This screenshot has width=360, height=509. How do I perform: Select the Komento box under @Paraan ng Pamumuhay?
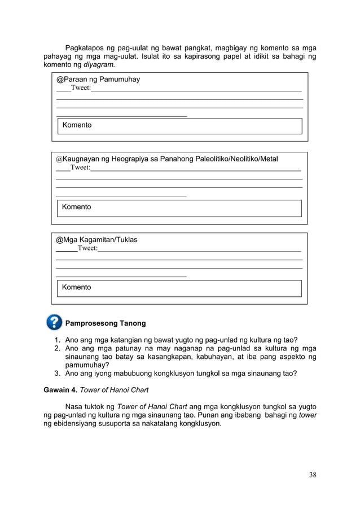(180, 125)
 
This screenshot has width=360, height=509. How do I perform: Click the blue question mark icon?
(54, 322)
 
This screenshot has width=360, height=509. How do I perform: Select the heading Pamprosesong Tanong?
(106, 323)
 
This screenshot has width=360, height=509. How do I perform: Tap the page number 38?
(312, 475)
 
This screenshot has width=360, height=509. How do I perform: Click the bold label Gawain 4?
(60, 389)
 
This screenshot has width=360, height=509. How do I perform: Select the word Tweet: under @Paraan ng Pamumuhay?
(80, 89)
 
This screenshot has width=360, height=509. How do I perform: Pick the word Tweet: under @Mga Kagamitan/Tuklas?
(87, 248)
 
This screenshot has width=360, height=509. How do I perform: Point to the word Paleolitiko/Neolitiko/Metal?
(236, 159)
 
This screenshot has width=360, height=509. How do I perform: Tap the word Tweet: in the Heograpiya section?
(80, 168)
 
